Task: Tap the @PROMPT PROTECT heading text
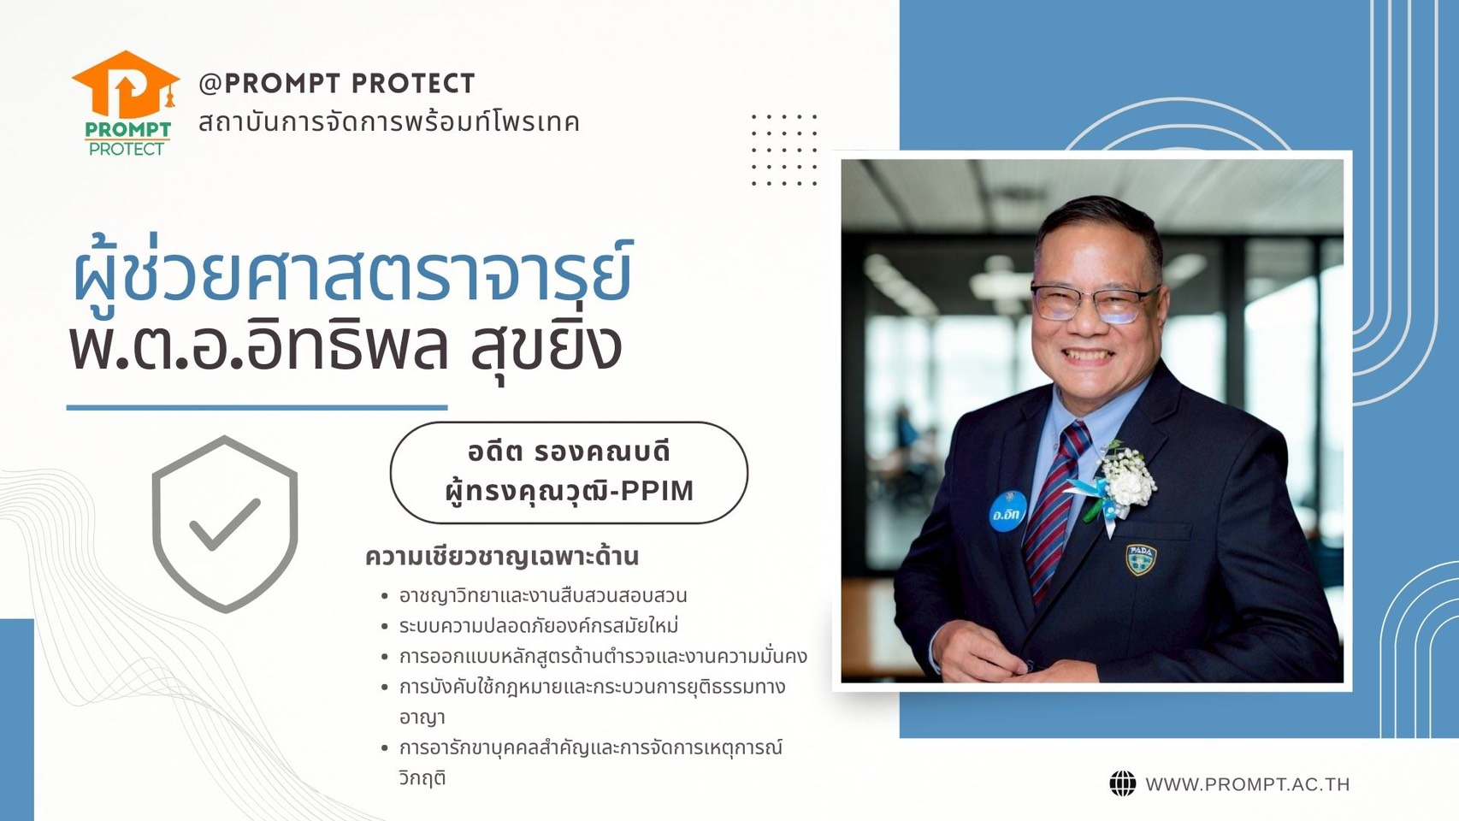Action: (337, 84)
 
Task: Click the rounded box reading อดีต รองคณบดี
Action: (569, 472)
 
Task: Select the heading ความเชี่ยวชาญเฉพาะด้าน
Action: (501, 557)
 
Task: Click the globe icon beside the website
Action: (1122, 784)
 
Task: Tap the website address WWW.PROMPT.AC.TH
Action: (1247, 784)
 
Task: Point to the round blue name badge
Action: (1007, 511)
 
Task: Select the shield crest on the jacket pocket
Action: (1141, 559)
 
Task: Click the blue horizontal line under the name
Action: (257, 408)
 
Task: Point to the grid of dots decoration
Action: (784, 150)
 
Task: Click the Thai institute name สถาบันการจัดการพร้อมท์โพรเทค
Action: (389, 122)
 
